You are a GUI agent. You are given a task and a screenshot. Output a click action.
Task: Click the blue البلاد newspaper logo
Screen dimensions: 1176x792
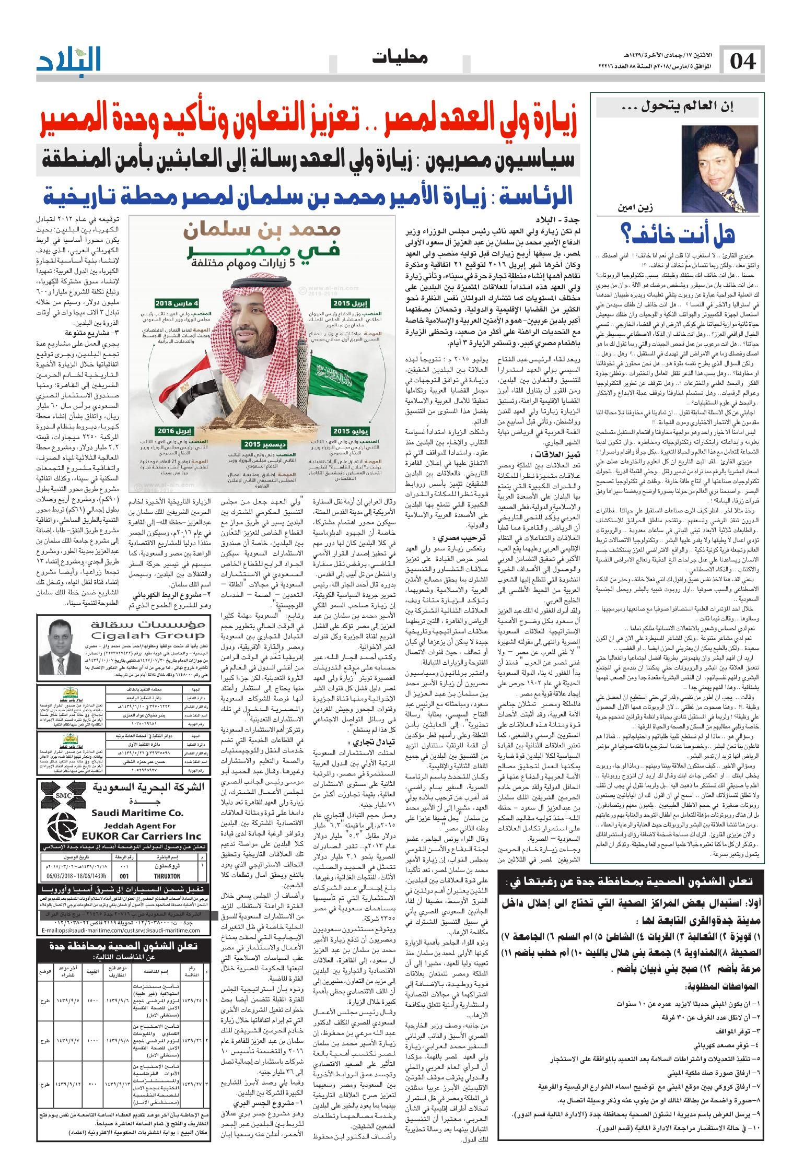(69, 62)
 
